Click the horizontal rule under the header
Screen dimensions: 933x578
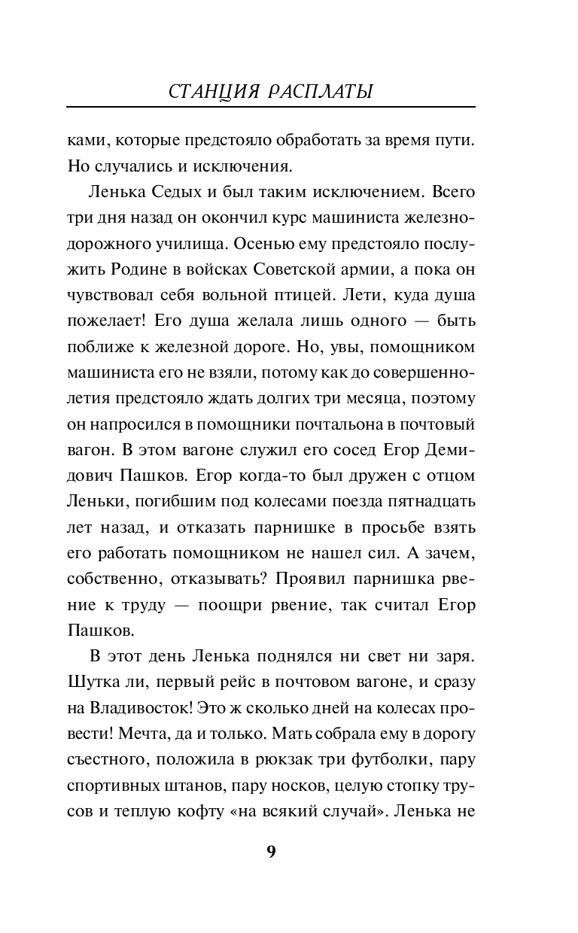click(271, 108)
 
